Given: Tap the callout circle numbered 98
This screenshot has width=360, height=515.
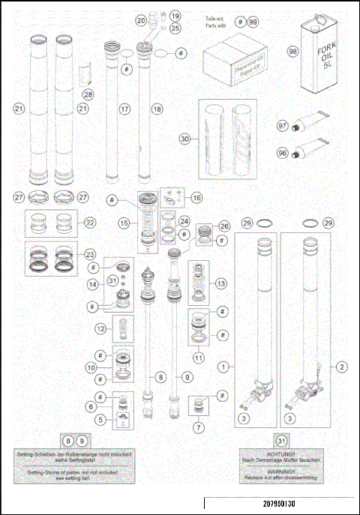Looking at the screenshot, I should tap(293, 52).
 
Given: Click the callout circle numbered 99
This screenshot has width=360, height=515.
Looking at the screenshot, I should tap(252, 22).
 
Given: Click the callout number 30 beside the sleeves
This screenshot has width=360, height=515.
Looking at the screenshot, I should tap(184, 139).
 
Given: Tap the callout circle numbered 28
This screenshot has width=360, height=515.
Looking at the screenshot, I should tap(88, 94).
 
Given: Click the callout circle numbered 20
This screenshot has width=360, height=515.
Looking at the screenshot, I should tap(141, 20).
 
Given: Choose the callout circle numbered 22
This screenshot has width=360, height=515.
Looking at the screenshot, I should tap(91, 223).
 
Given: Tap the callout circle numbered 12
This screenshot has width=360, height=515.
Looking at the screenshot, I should tap(100, 328).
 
